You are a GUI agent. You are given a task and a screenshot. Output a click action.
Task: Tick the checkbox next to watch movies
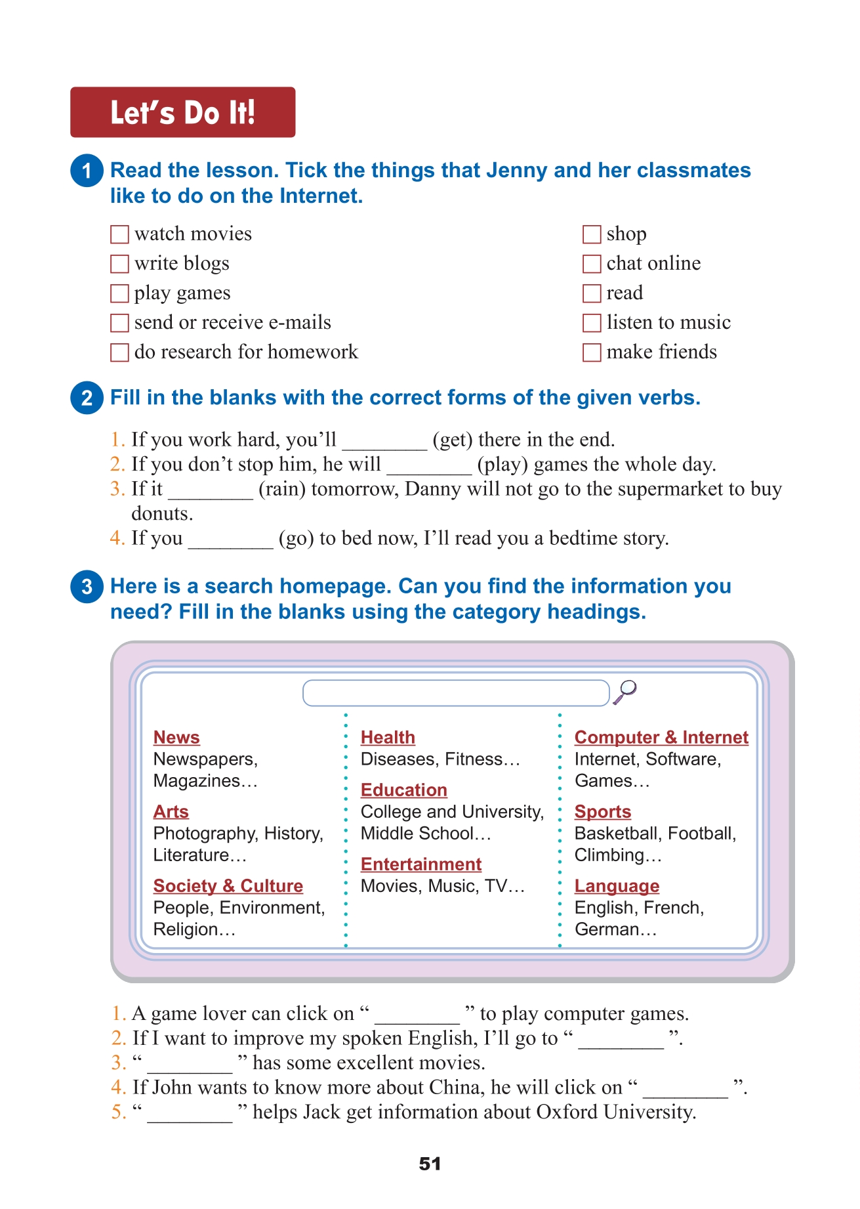119,234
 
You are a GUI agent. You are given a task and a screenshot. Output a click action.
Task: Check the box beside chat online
592,264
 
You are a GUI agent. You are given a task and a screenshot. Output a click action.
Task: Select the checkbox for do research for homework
119,352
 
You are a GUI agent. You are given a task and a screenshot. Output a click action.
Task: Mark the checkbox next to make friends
592,352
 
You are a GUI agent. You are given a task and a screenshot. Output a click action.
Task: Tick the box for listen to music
592,323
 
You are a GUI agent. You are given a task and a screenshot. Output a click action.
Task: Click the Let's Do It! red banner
182,112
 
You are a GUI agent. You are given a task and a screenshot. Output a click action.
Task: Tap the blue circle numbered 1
87,171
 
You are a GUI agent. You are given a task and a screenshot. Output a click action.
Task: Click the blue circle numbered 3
87,586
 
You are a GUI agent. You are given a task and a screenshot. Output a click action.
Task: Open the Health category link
388,738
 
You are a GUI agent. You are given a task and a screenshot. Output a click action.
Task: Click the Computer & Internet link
661,738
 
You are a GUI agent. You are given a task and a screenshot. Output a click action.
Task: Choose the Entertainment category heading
421,864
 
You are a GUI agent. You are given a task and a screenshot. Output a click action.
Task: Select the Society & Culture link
228,886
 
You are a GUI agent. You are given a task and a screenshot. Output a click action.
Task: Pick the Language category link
617,886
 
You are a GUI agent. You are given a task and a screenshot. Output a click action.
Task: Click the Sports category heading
602,812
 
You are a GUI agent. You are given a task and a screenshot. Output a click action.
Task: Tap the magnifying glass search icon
625,692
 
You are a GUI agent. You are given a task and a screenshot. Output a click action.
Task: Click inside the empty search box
456,693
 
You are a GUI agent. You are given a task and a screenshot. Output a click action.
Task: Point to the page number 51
430,1164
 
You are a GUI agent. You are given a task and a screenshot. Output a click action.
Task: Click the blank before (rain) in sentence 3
211,491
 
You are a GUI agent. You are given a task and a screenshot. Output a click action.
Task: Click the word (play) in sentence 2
502,465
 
